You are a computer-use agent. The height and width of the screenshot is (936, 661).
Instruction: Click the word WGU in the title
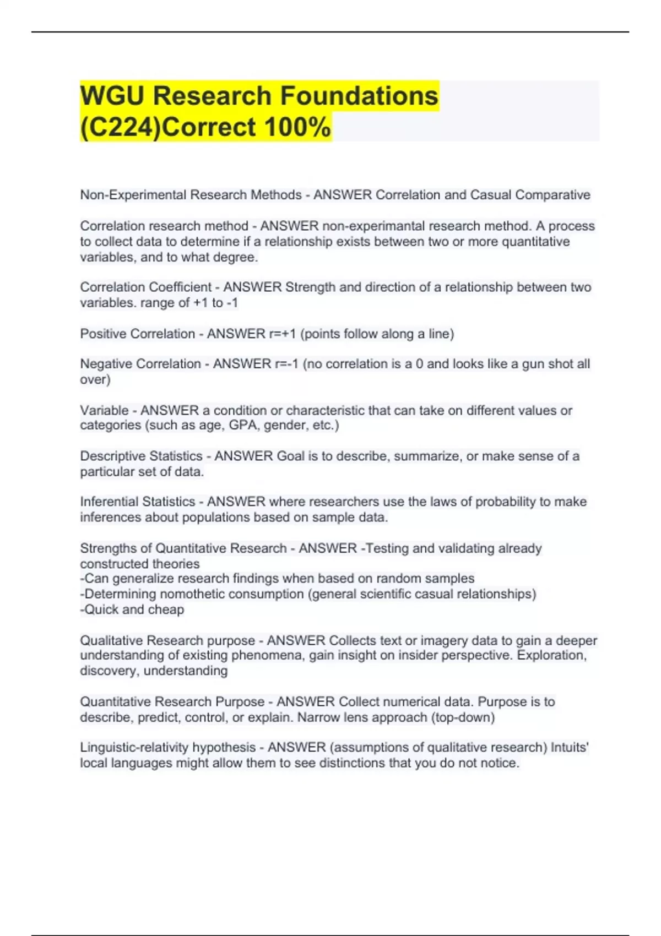(x=112, y=96)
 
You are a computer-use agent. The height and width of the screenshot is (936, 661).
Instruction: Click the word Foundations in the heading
(x=360, y=96)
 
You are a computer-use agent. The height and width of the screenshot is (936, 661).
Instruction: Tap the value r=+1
(x=283, y=334)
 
